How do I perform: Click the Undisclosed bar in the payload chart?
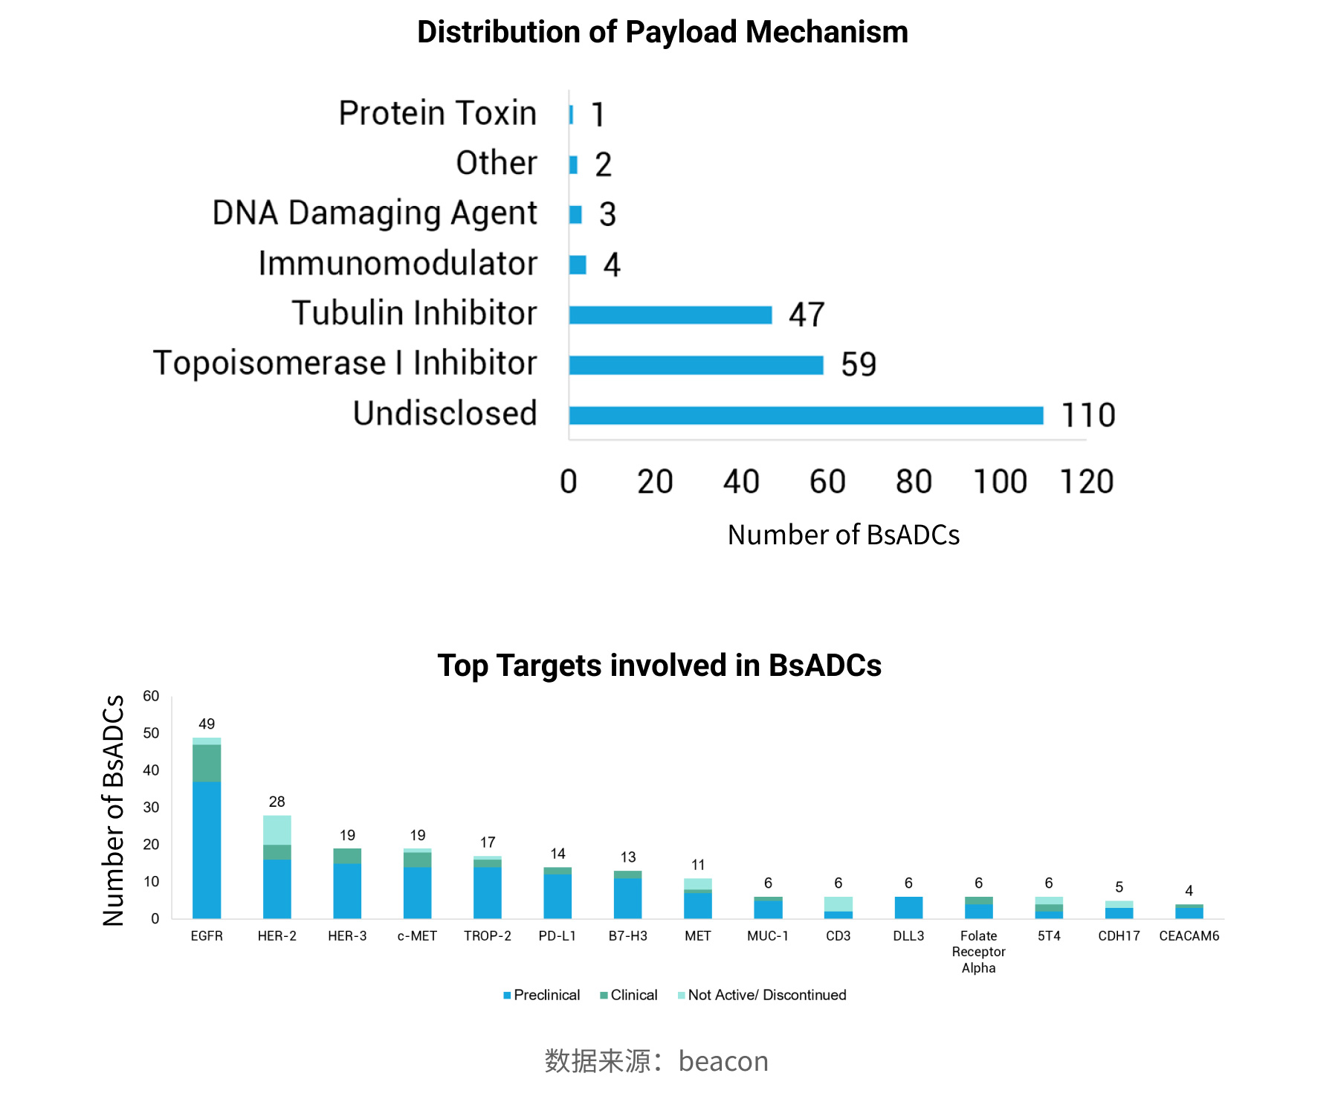pyautogui.click(x=806, y=415)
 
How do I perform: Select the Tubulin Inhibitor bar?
pyautogui.click(x=670, y=315)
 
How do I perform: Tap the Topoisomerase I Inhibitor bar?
pyautogui.click(x=697, y=365)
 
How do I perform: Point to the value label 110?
pyautogui.click(x=1088, y=415)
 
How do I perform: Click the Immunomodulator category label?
pyautogui.click(x=398, y=263)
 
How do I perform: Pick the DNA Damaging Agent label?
pyautogui.click(x=375, y=213)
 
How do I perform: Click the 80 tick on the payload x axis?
pyautogui.click(x=914, y=482)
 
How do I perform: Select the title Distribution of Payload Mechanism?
pyautogui.click(x=662, y=32)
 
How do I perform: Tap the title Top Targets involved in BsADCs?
pyautogui.click(x=659, y=665)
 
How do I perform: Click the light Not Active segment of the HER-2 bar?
pyautogui.click(x=277, y=830)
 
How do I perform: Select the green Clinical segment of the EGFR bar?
pyautogui.click(x=207, y=763)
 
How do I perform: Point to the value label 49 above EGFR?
pyautogui.click(x=207, y=724)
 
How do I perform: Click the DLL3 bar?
pyautogui.click(x=908, y=907)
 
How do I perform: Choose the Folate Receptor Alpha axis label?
pyautogui.click(x=978, y=952)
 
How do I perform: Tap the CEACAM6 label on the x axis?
pyautogui.click(x=1189, y=936)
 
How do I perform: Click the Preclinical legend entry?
pyautogui.click(x=542, y=995)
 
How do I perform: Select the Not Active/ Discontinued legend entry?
pyautogui.click(x=762, y=995)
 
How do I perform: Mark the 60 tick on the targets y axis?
pyautogui.click(x=151, y=696)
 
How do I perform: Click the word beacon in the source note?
pyautogui.click(x=723, y=1061)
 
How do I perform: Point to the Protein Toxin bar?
pyautogui.click(x=571, y=115)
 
